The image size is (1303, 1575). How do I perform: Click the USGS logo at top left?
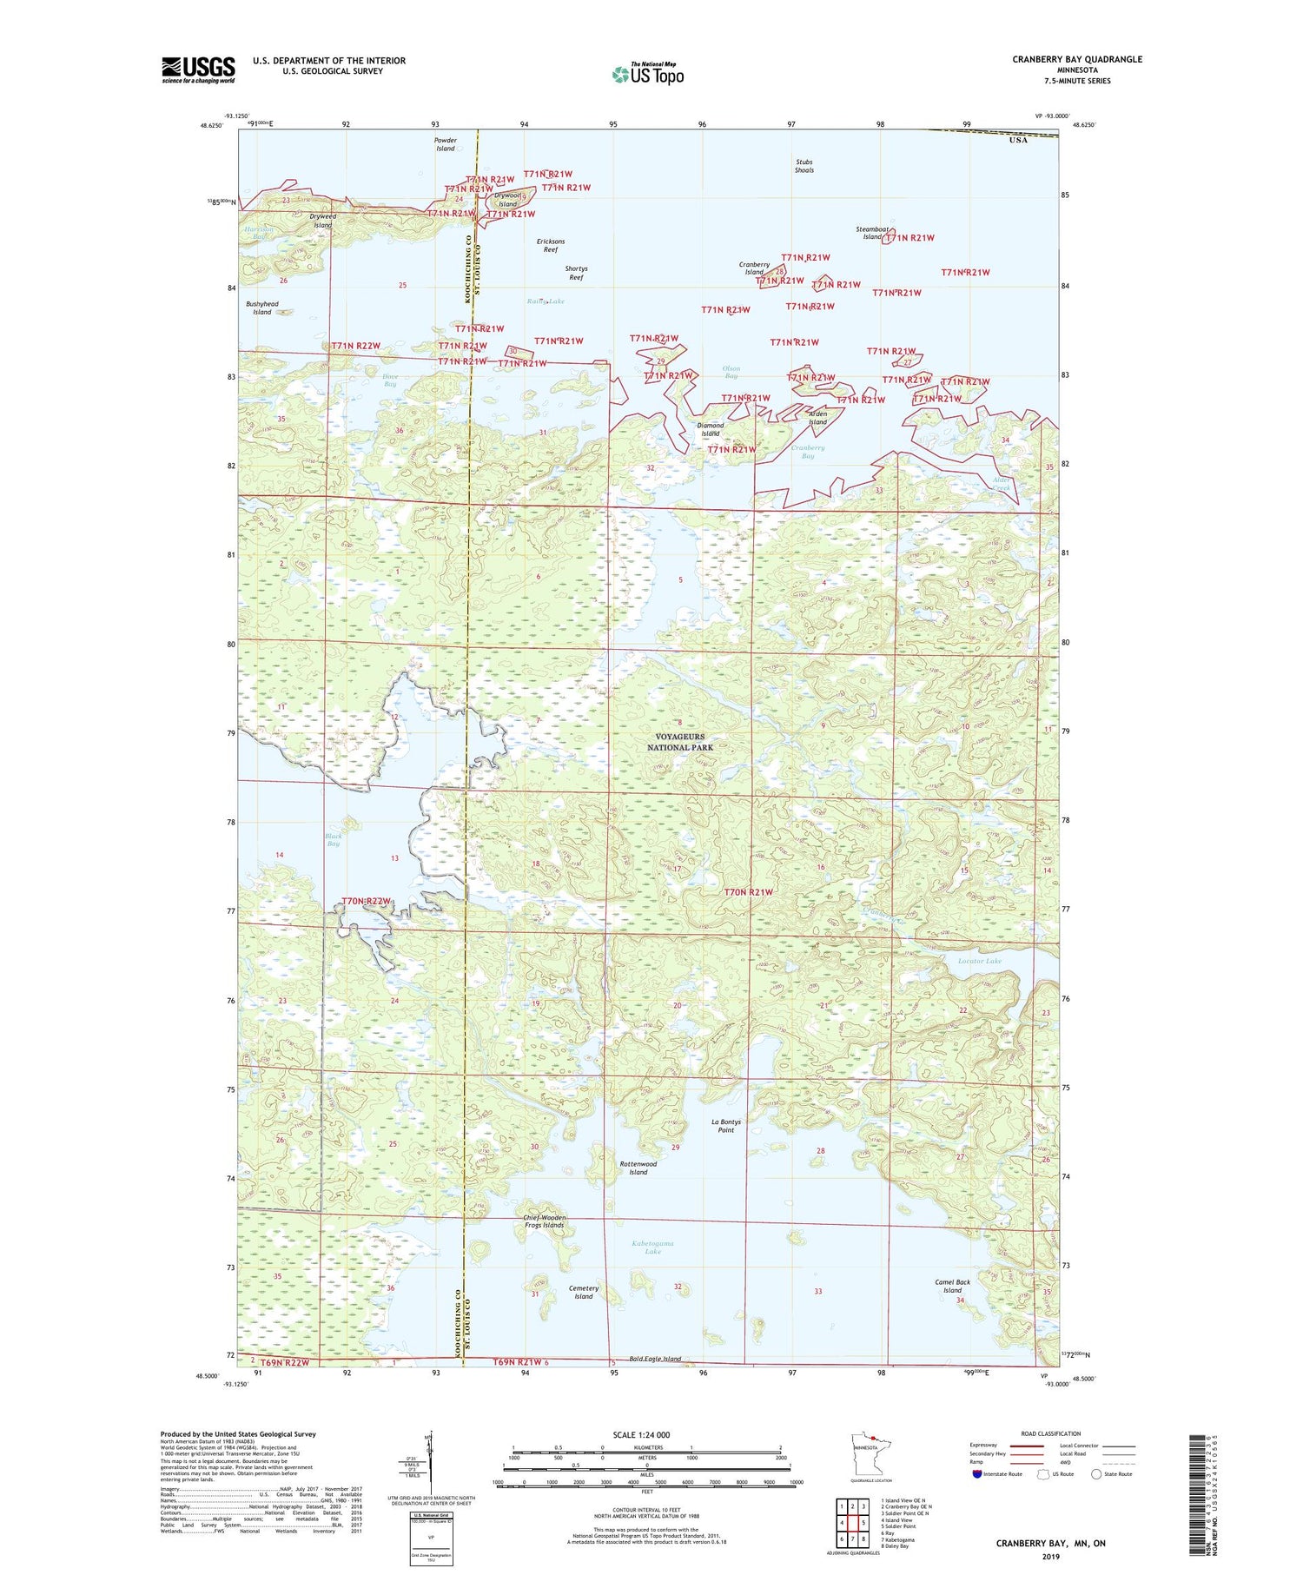198,69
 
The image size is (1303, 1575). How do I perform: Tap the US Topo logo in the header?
647,74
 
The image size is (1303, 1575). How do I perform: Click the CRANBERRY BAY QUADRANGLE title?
1077,59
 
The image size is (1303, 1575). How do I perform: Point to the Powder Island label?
445,144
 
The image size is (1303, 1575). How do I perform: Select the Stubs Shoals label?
804,166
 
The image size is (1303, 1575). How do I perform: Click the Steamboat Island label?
871,233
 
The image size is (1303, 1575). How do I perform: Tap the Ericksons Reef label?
551,245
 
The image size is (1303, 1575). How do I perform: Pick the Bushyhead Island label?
262,308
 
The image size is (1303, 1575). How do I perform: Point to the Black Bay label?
334,839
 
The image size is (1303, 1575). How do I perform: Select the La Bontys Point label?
726,1126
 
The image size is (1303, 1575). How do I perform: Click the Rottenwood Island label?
638,1168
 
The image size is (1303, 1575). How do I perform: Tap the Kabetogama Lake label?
653,1247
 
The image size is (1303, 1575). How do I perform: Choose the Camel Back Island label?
952,1286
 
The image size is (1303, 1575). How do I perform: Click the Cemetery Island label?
584,1292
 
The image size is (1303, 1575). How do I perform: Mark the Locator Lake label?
979,961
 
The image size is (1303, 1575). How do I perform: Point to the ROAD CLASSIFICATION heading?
1051,1433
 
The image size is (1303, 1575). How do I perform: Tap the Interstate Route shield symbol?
976,1474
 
